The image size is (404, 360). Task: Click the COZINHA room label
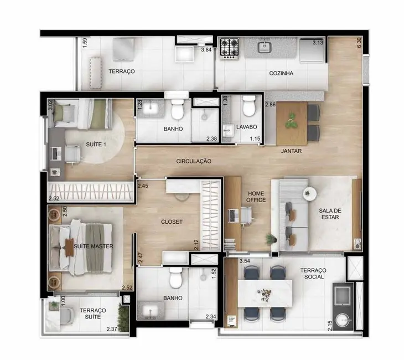coord(281,73)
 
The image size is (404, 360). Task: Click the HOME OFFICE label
coord(256,196)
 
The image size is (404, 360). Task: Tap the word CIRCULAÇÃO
coord(194,161)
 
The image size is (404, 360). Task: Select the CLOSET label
coord(172,222)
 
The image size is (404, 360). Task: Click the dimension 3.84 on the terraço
coord(206,50)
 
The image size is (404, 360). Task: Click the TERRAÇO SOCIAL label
coord(313,273)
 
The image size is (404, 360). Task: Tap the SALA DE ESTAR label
coord(329,214)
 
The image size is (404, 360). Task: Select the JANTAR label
coord(291,150)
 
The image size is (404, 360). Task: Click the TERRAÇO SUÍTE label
coord(92,314)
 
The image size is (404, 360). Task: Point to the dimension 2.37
coord(113,329)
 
